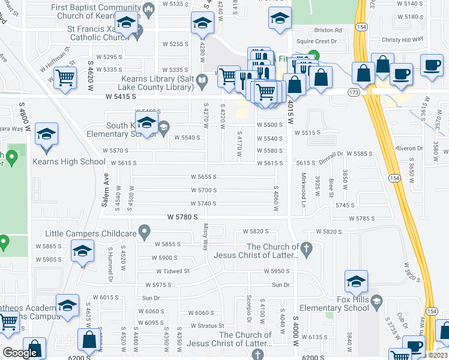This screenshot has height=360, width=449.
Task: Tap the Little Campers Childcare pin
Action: pyautogui.click(x=143, y=231)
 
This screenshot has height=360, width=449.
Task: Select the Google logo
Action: pyautogui.click(x=19, y=353)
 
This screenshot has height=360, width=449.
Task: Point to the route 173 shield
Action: pyautogui.click(x=354, y=92)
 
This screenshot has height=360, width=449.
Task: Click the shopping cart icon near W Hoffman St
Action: pyautogui.click(x=64, y=77)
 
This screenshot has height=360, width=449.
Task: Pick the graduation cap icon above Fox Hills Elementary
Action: pyautogui.click(x=356, y=281)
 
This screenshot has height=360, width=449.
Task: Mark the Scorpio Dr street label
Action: pyautogui.click(x=248, y=308)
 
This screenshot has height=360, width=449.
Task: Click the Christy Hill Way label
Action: pyautogui.click(x=402, y=40)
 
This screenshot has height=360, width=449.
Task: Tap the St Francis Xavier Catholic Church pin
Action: pyautogui.click(x=138, y=31)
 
